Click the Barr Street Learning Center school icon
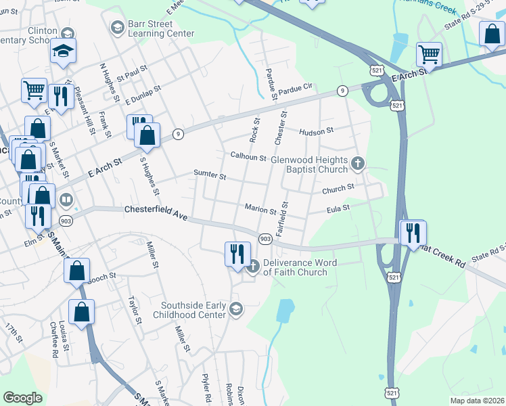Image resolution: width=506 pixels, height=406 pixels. [117, 26]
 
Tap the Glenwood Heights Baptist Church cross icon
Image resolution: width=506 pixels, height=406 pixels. [359, 162]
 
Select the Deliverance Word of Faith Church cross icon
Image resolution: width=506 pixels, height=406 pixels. [252, 266]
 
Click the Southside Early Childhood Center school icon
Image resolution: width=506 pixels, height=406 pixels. [235, 309]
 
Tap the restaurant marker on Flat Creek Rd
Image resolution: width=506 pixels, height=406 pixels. [412, 233]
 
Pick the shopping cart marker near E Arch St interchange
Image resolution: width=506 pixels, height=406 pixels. [429, 53]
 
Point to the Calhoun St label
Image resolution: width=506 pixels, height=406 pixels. [248, 157]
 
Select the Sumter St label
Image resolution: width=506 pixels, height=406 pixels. [210, 175]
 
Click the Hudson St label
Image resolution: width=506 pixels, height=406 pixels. [317, 132]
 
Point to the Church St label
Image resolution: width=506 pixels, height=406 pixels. [338, 188]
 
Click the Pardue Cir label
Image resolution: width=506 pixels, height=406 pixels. [297, 88]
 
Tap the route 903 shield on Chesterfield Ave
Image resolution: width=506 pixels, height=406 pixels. [265, 238]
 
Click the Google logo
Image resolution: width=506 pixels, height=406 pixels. [22, 398]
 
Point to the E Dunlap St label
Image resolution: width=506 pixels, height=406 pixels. [143, 93]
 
